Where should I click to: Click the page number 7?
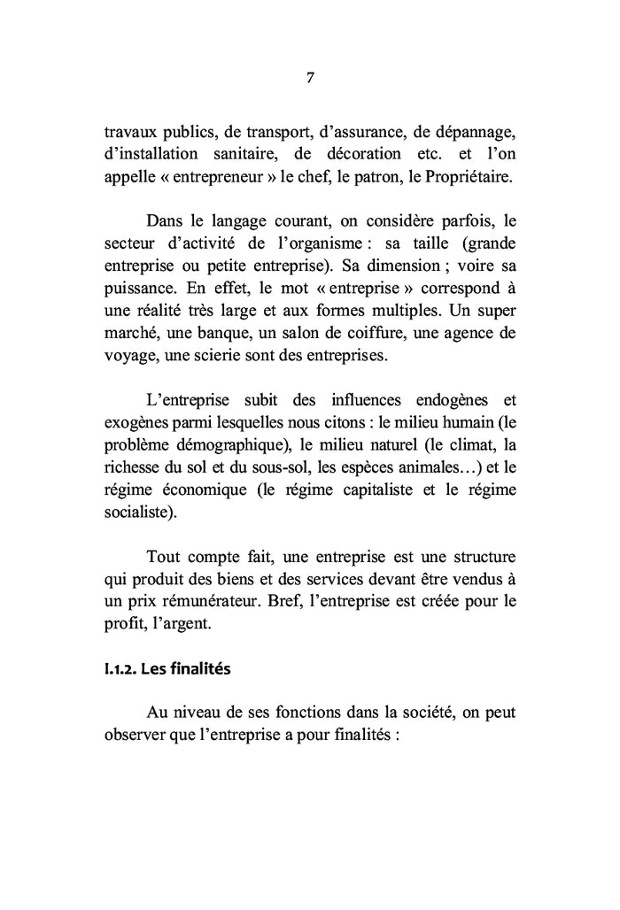pyautogui.click(x=310, y=77)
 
